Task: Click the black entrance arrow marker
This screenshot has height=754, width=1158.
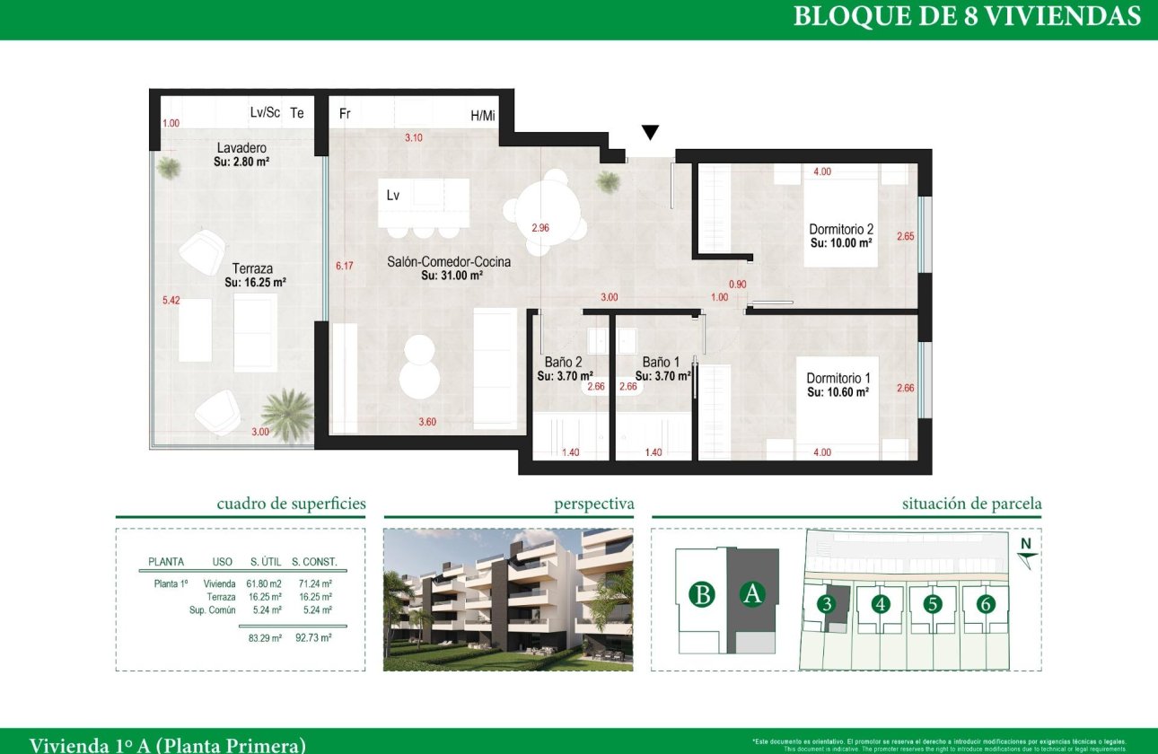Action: coord(650,133)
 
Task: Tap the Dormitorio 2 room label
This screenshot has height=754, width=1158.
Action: coord(841,230)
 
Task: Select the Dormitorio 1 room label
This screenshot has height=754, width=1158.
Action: coord(838,379)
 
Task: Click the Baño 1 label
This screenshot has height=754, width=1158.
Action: coord(660,363)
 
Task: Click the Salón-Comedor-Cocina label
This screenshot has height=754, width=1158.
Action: coord(449,262)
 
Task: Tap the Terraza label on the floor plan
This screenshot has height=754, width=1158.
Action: coord(251,268)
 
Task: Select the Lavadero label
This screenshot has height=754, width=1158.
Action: coord(241,148)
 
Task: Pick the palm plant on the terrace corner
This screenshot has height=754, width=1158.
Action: coord(287,415)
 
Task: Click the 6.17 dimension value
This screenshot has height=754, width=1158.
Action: coord(345,266)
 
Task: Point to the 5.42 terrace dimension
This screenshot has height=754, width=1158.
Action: coord(171,301)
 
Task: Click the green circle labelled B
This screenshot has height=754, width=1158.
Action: coord(702,594)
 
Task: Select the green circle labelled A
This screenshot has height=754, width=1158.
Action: coord(751,594)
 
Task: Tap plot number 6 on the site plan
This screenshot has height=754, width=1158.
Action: coord(986,604)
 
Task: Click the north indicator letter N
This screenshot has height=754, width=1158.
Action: coord(1025,543)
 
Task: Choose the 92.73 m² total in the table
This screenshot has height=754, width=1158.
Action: coord(313,637)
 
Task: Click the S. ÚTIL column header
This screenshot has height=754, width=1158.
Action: coord(266,562)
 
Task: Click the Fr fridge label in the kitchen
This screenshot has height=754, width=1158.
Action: coord(344,114)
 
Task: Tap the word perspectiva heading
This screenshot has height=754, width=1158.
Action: coord(593,504)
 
